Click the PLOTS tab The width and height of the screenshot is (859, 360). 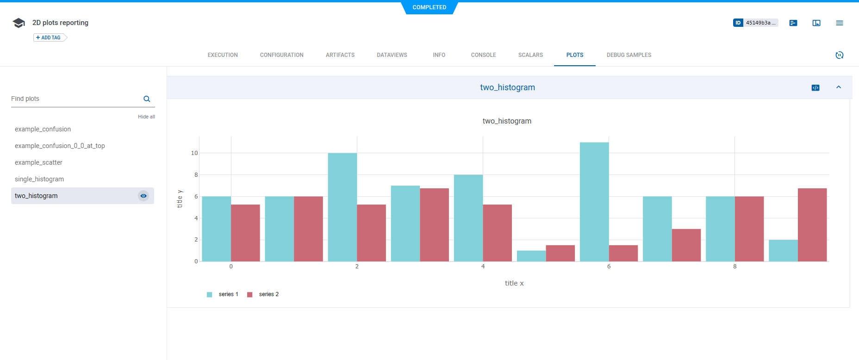click(x=574, y=55)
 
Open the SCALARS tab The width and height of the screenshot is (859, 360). click(x=530, y=55)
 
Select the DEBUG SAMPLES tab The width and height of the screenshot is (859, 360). click(x=629, y=55)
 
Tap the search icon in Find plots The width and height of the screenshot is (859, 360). click(x=147, y=99)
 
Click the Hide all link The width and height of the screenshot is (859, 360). click(x=146, y=117)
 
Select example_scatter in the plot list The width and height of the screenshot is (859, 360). click(x=38, y=162)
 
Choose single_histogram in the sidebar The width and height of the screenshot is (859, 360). click(x=39, y=179)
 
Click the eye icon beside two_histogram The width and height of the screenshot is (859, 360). click(x=143, y=196)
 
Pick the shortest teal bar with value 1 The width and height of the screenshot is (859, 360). click(x=531, y=256)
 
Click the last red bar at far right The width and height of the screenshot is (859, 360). click(x=812, y=225)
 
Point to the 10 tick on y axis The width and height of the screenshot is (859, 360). click(x=194, y=153)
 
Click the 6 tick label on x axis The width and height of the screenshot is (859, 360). click(x=609, y=267)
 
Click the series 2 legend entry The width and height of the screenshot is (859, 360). click(x=264, y=294)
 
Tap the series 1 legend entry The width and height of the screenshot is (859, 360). click(x=224, y=294)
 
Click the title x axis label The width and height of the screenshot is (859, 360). click(x=514, y=283)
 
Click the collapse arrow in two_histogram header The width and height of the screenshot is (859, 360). click(x=838, y=87)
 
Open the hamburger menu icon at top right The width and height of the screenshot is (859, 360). click(x=839, y=23)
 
